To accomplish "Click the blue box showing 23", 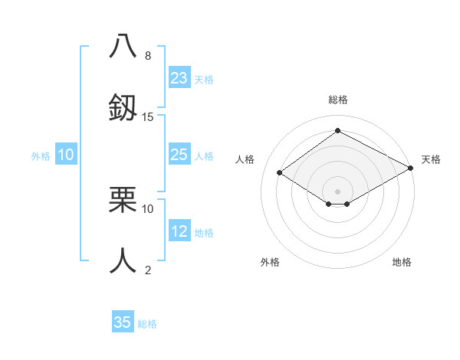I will [179, 77].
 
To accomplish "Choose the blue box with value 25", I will [179, 155].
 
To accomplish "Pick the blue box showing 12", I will [179, 231].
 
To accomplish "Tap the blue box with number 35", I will [123, 322].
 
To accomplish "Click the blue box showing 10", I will [66, 155].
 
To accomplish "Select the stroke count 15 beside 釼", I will [148, 116].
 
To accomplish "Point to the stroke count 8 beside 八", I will [148, 55].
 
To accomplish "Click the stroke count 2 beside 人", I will [148, 270].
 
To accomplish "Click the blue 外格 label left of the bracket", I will [41, 155].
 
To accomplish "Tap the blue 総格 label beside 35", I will [147, 323].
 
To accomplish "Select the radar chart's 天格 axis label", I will [431, 159].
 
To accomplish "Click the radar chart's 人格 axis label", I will [245, 159].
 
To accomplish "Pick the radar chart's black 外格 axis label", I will [270, 262].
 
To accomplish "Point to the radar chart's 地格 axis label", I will [402, 262].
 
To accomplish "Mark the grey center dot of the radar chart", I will [337, 191].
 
